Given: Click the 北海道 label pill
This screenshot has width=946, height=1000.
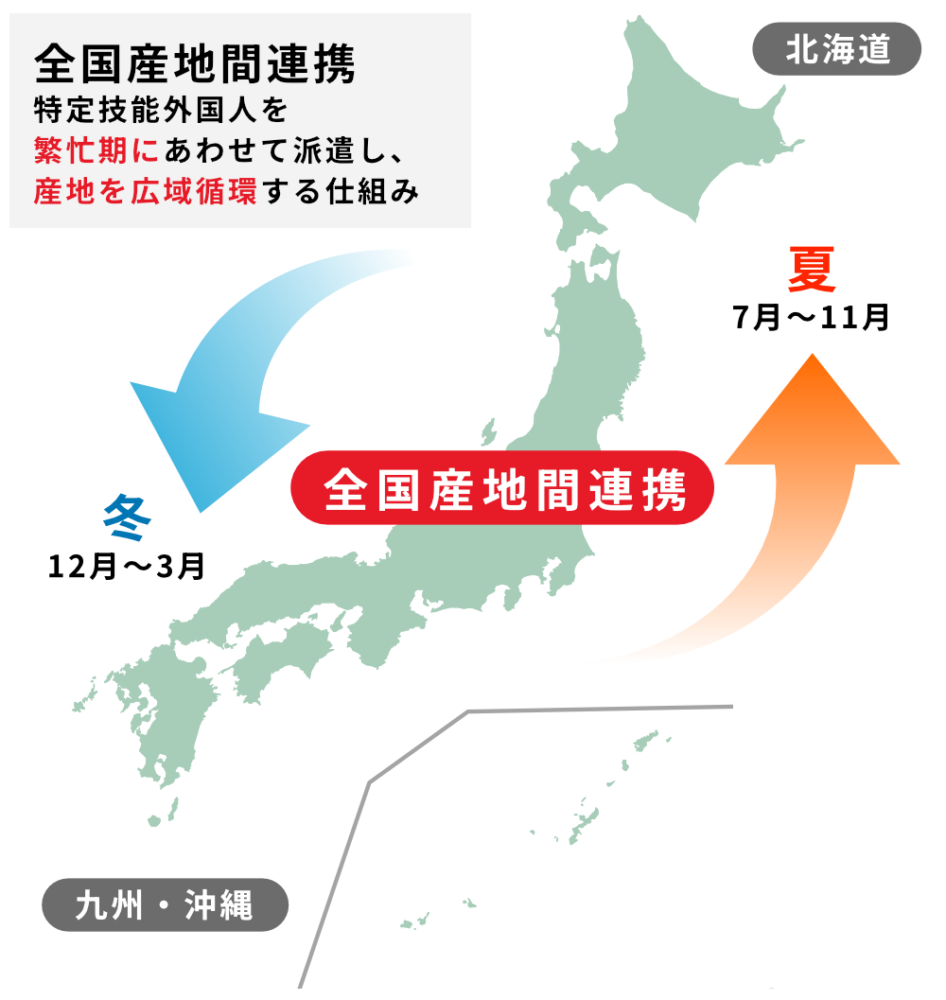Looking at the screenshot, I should tap(836, 49).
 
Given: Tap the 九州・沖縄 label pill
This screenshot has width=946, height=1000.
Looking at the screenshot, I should tap(165, 904).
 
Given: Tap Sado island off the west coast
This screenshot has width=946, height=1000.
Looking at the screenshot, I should tap(489, 432).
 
